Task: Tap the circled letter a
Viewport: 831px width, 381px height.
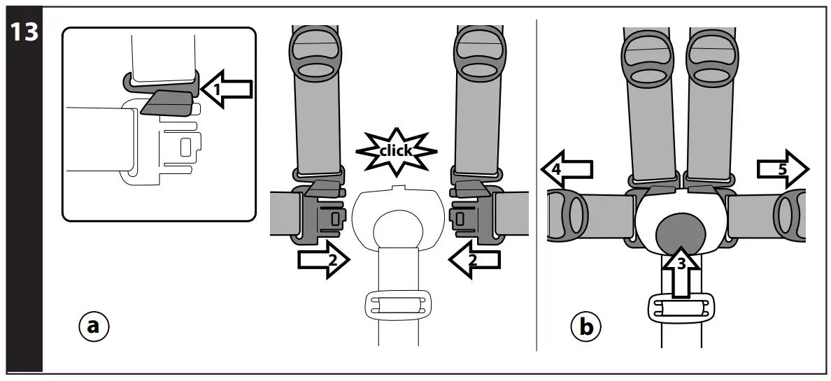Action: click(x=94, y=326)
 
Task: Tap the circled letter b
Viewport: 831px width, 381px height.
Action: click(x=586, y=326)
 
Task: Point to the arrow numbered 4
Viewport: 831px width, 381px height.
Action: click(x=567, y=168)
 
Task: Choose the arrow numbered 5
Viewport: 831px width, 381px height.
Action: click(x=782, y=168)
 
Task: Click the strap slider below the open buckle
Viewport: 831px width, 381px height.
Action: click(x=395, y=305)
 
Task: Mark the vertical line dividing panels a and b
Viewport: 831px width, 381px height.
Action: click(x=537, y=189)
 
